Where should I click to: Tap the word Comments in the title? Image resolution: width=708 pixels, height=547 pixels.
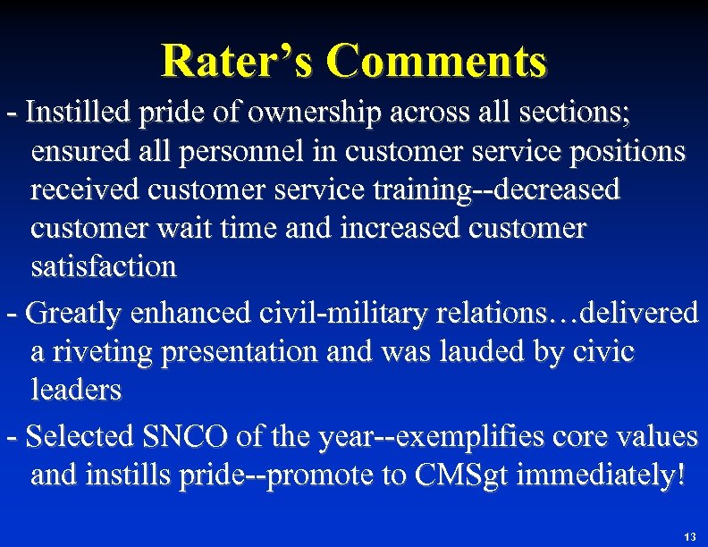click(x=436, y=61)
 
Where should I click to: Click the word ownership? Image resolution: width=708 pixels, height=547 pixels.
click(x=315, y=113)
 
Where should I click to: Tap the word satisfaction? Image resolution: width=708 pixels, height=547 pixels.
click(x=104, y=266)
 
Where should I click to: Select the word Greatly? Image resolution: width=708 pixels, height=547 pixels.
click(x=75, y=313)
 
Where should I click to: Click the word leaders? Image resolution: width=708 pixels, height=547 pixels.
click(x=76, y=390)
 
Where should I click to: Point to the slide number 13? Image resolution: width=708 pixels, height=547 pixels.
click(x=688, y=537)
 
